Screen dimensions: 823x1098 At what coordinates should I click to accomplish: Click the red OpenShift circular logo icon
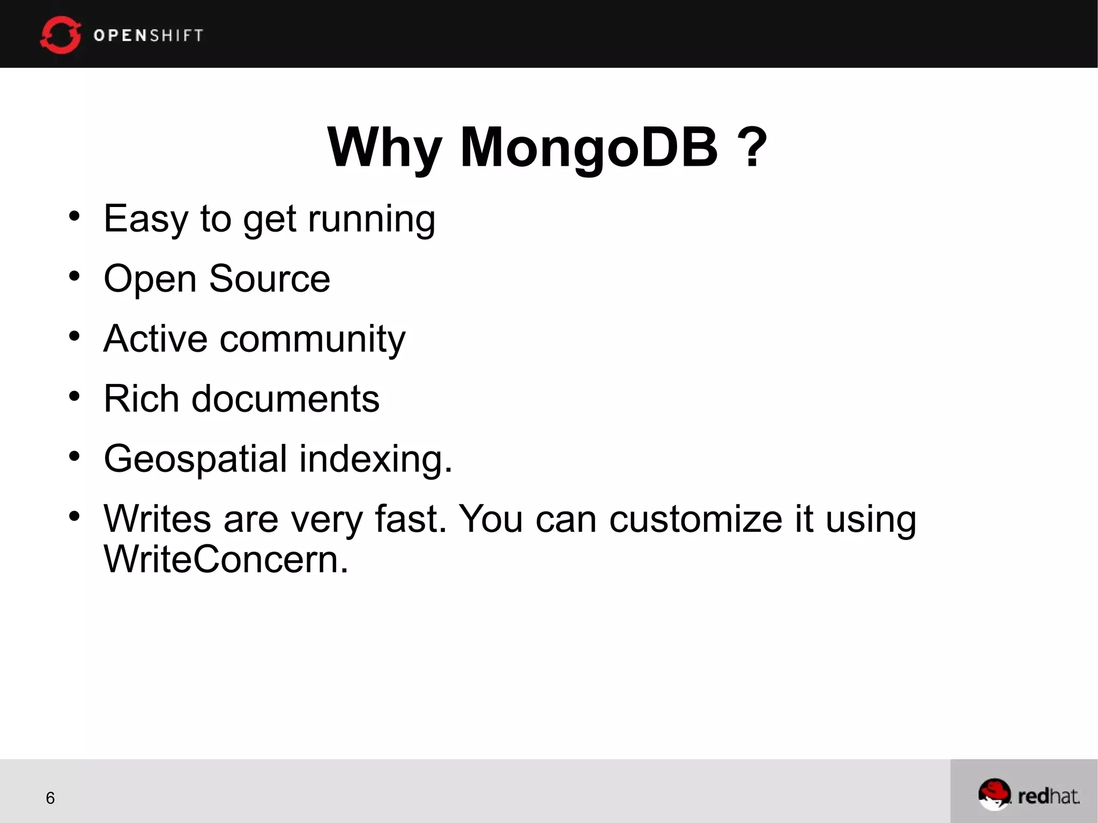[60, 35]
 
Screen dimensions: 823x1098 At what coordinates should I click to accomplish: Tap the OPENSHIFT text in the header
[149, 35]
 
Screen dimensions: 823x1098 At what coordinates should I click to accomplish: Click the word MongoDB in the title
[588, 147]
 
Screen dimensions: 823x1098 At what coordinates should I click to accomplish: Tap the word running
[371, 220]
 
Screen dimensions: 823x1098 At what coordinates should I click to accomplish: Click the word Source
[269, 279]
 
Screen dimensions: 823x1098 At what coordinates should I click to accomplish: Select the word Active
[155, 339]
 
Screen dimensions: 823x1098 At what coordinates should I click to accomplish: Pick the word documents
[285, 399]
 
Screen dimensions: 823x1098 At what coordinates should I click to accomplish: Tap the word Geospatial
[195, 460]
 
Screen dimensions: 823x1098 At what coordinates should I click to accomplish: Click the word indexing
[375, 460]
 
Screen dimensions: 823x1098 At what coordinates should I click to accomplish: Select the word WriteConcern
[226, 559]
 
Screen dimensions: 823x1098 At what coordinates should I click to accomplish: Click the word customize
[695, 519]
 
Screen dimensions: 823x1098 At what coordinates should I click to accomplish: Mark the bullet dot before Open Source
[74, 276]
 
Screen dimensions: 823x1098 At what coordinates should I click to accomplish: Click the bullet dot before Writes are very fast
[74, 516]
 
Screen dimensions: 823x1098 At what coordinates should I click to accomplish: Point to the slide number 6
[50, 798]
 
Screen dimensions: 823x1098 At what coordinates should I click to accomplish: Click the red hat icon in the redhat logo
[993, 792]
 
